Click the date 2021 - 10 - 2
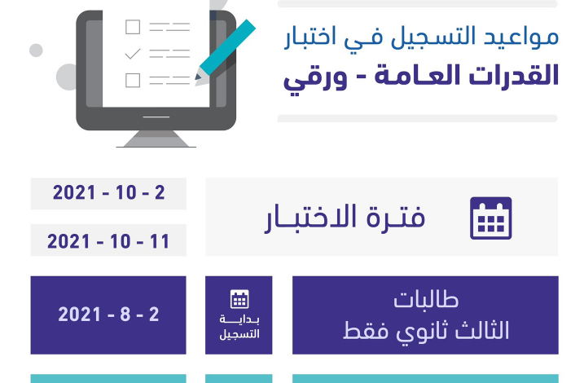[x=109, y=192]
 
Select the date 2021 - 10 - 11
[x=108, y=241]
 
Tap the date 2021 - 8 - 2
[x=108, y=315]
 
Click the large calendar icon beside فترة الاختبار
[x=491, y=218]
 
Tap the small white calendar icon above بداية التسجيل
[x=239, y=299]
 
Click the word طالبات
[x=426, y=300]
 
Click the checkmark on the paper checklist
[x=133, y=54]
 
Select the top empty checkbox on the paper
[x=133, y=27]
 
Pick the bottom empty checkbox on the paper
[x=133, y=81]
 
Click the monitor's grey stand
[x=156, y=139]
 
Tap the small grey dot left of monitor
[x=36, y=51]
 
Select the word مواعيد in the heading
[x=520, y=37]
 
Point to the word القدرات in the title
[x=514, y=75]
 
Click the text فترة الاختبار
[x=345, y=218]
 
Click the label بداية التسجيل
[x=239, y=327]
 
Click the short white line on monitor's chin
[x=156, y=117]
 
